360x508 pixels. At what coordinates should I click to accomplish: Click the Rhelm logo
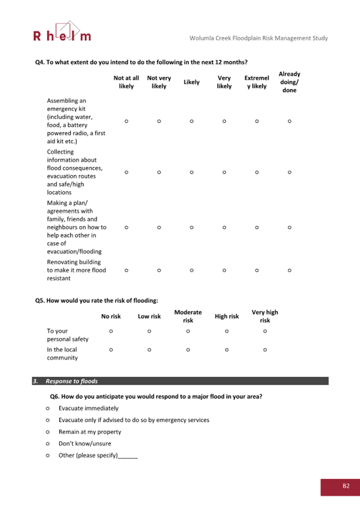(x=62, y=33)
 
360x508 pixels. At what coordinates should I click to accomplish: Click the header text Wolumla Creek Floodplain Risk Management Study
(x=259, y=38)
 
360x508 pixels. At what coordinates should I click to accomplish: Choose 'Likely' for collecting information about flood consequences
(x=191, y=172)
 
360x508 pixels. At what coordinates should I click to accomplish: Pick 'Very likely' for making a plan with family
(x=224, y=227)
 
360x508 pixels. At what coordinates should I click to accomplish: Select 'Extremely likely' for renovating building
(x=257, y=270)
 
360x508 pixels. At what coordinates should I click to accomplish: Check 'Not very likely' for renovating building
(x=159, y=270)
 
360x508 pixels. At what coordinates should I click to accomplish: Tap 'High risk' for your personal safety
(x=227, y=331)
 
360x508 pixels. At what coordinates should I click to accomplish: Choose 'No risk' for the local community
(x=111, y=350)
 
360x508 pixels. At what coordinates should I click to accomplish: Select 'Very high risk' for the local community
(x=265, y=350)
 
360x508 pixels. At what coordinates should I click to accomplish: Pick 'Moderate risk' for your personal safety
(x=188, y=331)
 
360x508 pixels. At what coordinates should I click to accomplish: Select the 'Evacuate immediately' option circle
(x=48, y=408)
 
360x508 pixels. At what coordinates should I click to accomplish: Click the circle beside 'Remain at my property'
(x=48, y=432)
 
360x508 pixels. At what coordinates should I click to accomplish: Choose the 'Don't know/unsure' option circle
(x=48, y=444)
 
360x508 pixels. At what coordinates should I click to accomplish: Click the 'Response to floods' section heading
(x=71, y=381)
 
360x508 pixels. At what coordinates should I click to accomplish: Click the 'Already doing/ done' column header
(x=289, y=82)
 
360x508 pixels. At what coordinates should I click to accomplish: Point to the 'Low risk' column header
(x=149, y=316)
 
